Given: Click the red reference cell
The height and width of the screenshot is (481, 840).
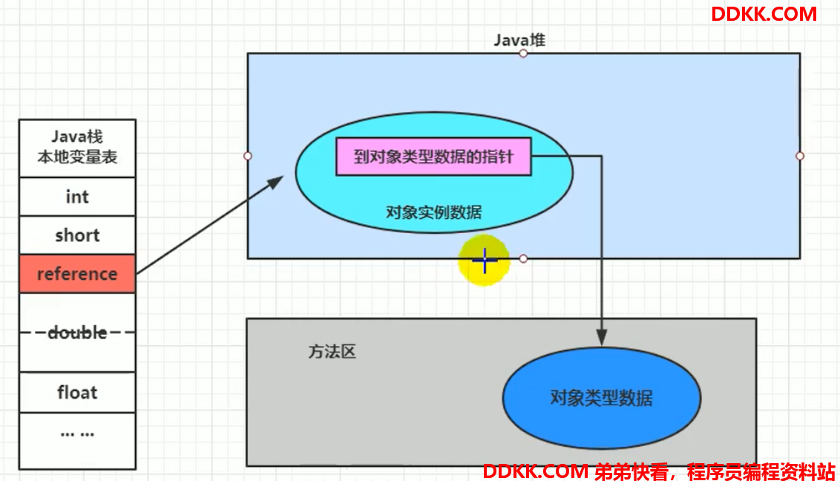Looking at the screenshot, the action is [x=77, y=274].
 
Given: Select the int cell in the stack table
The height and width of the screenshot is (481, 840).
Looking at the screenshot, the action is [x=77, y=197].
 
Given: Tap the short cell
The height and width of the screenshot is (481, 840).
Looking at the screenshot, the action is [x=77, y=235].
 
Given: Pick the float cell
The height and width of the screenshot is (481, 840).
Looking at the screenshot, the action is [x=77, y=393].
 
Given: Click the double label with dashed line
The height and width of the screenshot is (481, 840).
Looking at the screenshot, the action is [x=77, y=333].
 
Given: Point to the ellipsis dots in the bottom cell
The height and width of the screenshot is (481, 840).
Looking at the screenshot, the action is [x=77, y=433].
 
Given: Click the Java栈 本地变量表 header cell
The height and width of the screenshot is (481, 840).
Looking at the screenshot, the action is [x=77, y=148].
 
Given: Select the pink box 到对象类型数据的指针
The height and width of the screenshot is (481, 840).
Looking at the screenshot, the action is [x=433, y=157].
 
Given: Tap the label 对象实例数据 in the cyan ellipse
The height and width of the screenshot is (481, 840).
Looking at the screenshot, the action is [x=433, y=212].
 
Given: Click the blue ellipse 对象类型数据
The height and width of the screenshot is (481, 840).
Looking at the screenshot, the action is [x=602, y=398].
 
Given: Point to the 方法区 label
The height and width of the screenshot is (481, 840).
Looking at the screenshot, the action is [x=332, y=351].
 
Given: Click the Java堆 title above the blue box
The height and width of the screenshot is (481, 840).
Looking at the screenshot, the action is [x=519, y=40].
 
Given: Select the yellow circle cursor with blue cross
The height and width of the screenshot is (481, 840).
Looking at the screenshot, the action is [x=484, y=261].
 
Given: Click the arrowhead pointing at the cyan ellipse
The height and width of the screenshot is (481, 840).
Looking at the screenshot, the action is [x=277, y=182].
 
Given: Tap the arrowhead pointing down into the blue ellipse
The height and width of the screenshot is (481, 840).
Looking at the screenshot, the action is [x=602, y=338].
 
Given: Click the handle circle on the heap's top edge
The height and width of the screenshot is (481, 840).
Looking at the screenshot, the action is [x=523, y=53].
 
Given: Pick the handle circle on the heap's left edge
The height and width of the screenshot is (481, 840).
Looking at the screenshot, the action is [x=248, y=156].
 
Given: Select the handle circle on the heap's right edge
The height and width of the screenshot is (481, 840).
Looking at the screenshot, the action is [x=800, y=156].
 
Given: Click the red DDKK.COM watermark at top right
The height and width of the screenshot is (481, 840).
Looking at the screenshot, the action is [x=764, y=14].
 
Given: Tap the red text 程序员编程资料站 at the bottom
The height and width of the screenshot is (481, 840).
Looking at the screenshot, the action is [x=761, y=472].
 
